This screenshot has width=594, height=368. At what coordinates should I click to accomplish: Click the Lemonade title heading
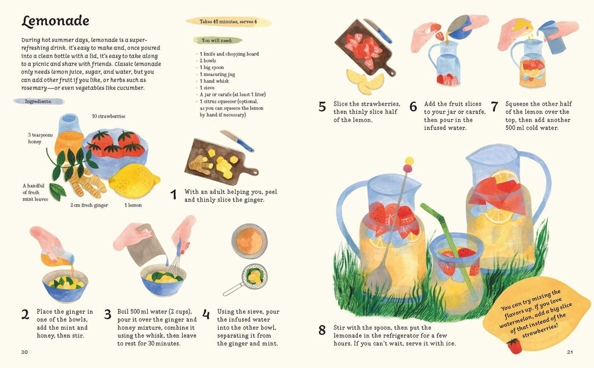pos(55,21)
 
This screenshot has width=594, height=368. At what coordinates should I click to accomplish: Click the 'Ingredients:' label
pos(38,101)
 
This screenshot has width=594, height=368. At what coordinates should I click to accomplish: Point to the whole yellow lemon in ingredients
pos(134,181)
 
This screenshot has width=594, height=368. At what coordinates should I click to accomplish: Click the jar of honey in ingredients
pos(69,136)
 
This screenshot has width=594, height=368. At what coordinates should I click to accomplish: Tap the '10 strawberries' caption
pos(108,116)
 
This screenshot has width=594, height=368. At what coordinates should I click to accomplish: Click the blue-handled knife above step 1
pos(238,140)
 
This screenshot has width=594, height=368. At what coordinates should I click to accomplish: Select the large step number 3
pos(107,315)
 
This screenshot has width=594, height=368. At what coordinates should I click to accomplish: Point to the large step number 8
pos(322,331)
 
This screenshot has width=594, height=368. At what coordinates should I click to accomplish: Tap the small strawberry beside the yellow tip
pos(513,346)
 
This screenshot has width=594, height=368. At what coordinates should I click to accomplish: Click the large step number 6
pos(413,107)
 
